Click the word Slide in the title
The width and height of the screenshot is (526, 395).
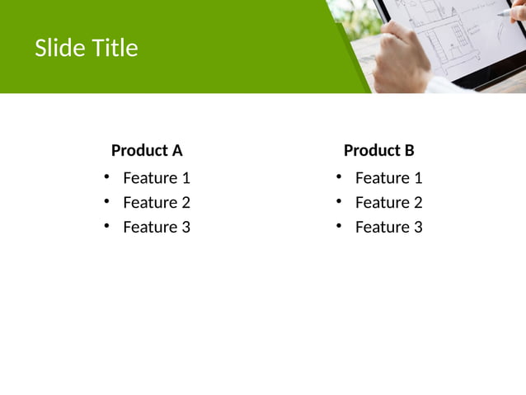pyautogui.click(x=57, y=49)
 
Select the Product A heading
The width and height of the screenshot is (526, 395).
pyautogui.click(x=147, y=150)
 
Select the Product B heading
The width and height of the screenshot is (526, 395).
pyautogui.click(x=378, y=150)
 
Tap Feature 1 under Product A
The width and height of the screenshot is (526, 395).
pyautogui.click(x=157, y=177)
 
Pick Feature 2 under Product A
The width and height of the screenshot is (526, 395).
pyautogui.click(x=157, y=202)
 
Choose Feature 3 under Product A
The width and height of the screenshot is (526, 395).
pyautogui.click(x=157, y=227)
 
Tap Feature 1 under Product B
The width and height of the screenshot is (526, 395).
pyautogui.click(x=388, y=177)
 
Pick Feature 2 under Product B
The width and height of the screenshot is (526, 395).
pyautogui.click(x=388, y=202)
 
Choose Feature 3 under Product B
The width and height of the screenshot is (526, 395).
pyautogui.click(x=388, y=227)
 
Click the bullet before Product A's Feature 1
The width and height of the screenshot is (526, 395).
pyautogui.click(x=106, y=176)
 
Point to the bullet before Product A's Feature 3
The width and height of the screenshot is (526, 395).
pyautogui.click(x=106, y=226)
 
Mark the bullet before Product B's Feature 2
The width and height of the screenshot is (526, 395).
pyautogui.click(x=339, y=201)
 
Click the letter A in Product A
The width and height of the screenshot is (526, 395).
pyautogui.click(x=176, y=150)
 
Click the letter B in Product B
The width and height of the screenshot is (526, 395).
pyautogui.click(x=409, y=150)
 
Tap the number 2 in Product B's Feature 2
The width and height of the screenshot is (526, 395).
pyautogui.click(x=418, y=202)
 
